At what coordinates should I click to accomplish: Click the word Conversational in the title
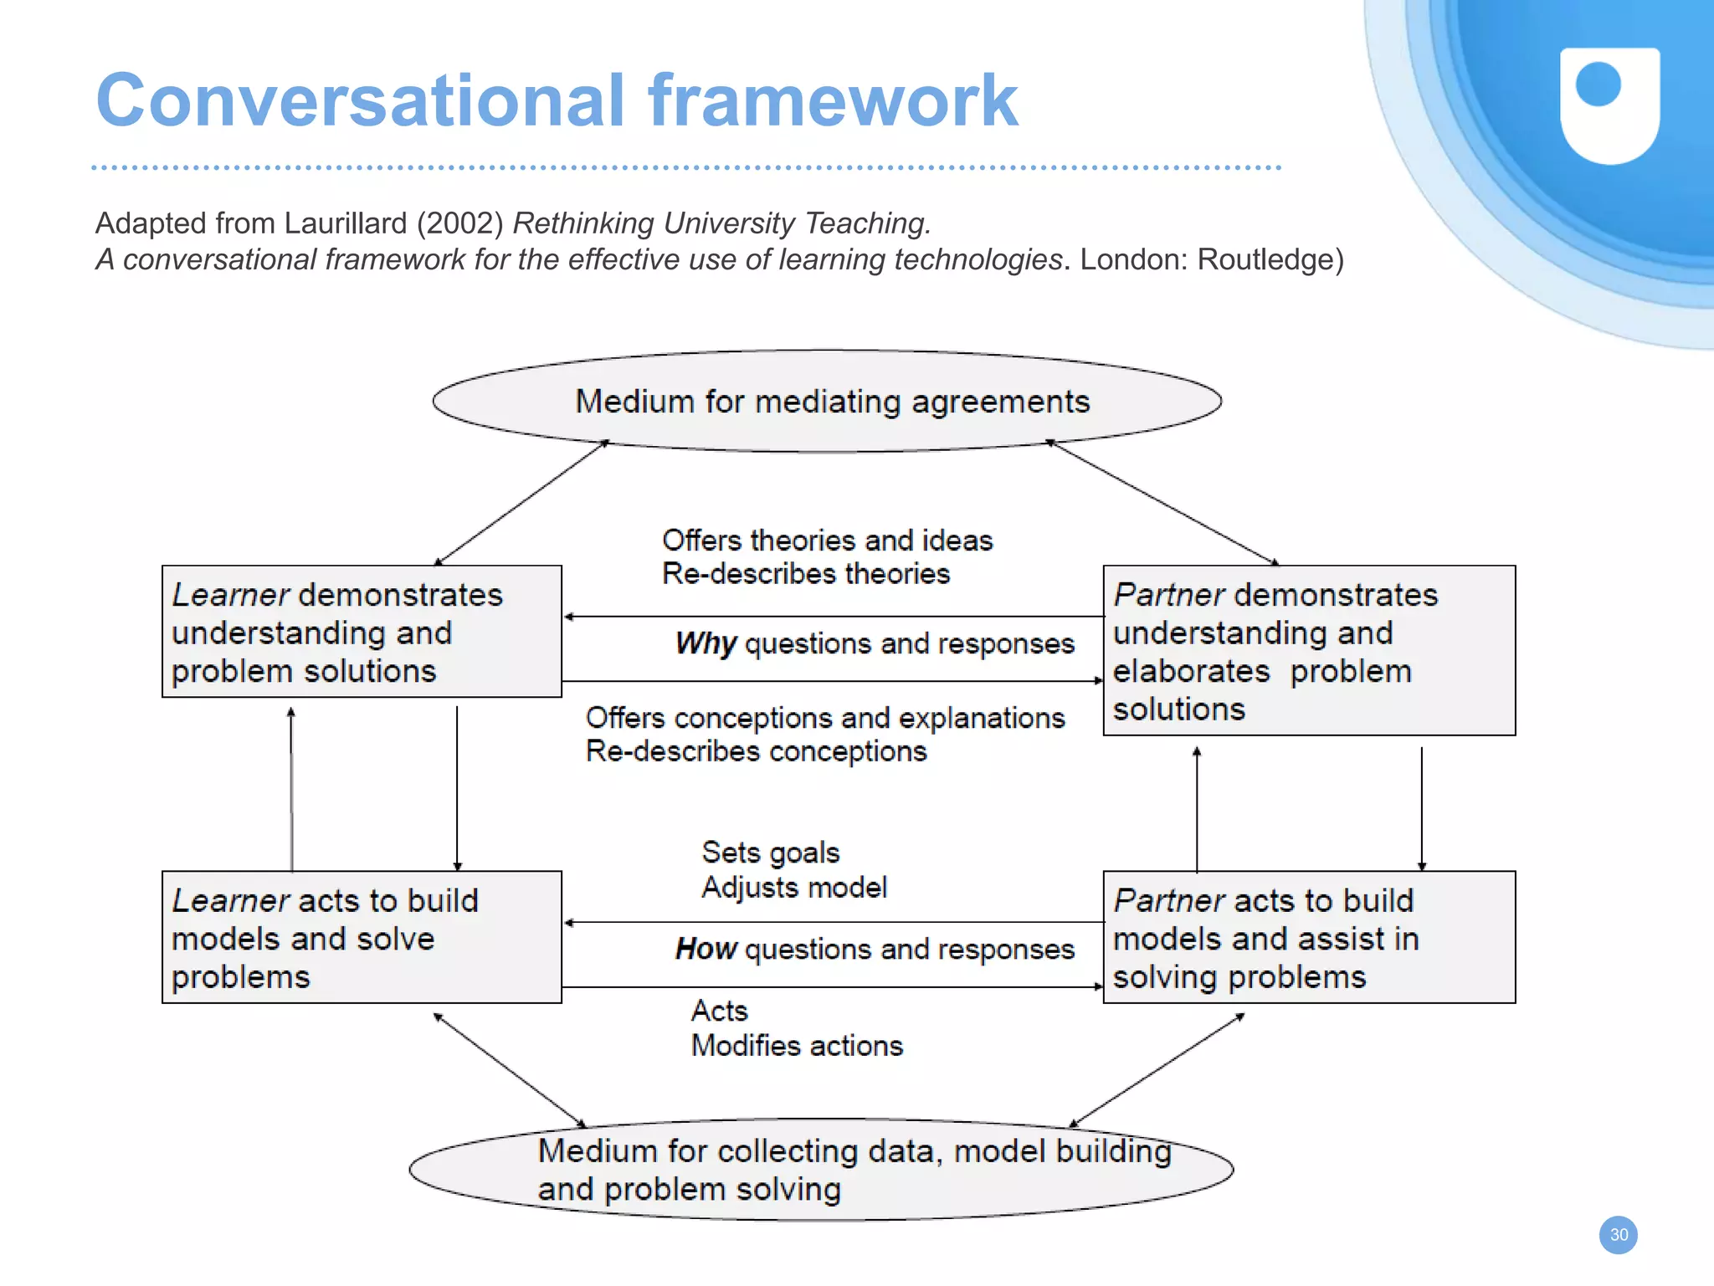click(360, 100)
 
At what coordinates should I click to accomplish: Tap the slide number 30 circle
click(1618, 1235)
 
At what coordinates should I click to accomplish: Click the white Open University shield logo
click(1609, 105)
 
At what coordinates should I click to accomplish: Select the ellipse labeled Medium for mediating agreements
click(827, 402)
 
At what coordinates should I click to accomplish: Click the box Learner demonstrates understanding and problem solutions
click(362, 632)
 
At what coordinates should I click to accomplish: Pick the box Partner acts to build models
click(1309, 937)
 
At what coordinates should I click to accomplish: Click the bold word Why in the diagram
click(705, 643)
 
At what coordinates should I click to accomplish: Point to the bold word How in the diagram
click(706, 949)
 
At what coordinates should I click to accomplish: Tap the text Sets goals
click(770, 853)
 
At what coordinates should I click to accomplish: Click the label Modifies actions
click(797, 1046)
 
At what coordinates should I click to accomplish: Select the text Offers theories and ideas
click(827, 541)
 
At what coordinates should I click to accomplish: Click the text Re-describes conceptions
click(756, 751)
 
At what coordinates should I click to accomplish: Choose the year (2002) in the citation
click(459, 223)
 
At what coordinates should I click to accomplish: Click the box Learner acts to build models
click(362, 937)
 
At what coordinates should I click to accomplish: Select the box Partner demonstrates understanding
click(1309, 651)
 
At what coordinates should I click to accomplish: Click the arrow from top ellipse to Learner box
click(521, 503)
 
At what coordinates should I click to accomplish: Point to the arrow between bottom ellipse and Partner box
click(1157, 1070)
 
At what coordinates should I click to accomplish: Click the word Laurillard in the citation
click(346, 223)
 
